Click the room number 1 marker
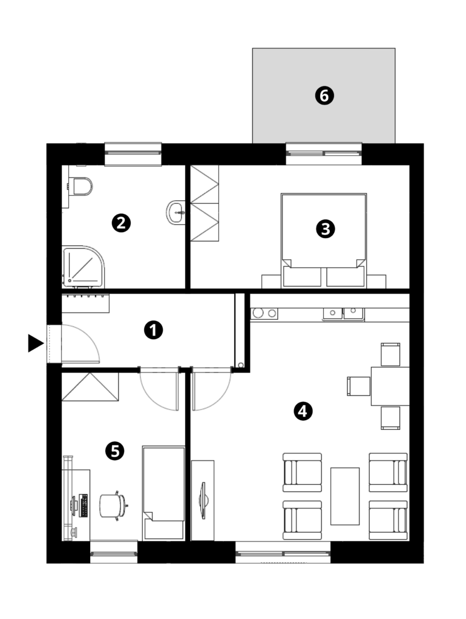[x=153, y=330]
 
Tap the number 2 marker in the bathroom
[x=121, y=223]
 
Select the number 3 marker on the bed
[x=326, y=229]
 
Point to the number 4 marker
[x=303, y=411]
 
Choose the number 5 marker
[x=115, y=451]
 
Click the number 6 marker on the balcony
[x=324, y=96]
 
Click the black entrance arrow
[x=36, y=343]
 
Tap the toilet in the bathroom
[x=80, y=186]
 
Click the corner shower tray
[x=84, y=267]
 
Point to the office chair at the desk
[x=113, y=506]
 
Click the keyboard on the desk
[x=84, y=505]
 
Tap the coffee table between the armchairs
[x=344, y=496]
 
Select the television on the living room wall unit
[x=203, y=501]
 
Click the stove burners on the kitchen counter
[x=264, y=314]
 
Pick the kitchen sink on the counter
[x=343, y=314]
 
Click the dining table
[x=390, y=386]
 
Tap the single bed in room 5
[x=163, y=493]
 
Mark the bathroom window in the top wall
[x=133, y=154]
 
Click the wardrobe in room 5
[x=90, y=387]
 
